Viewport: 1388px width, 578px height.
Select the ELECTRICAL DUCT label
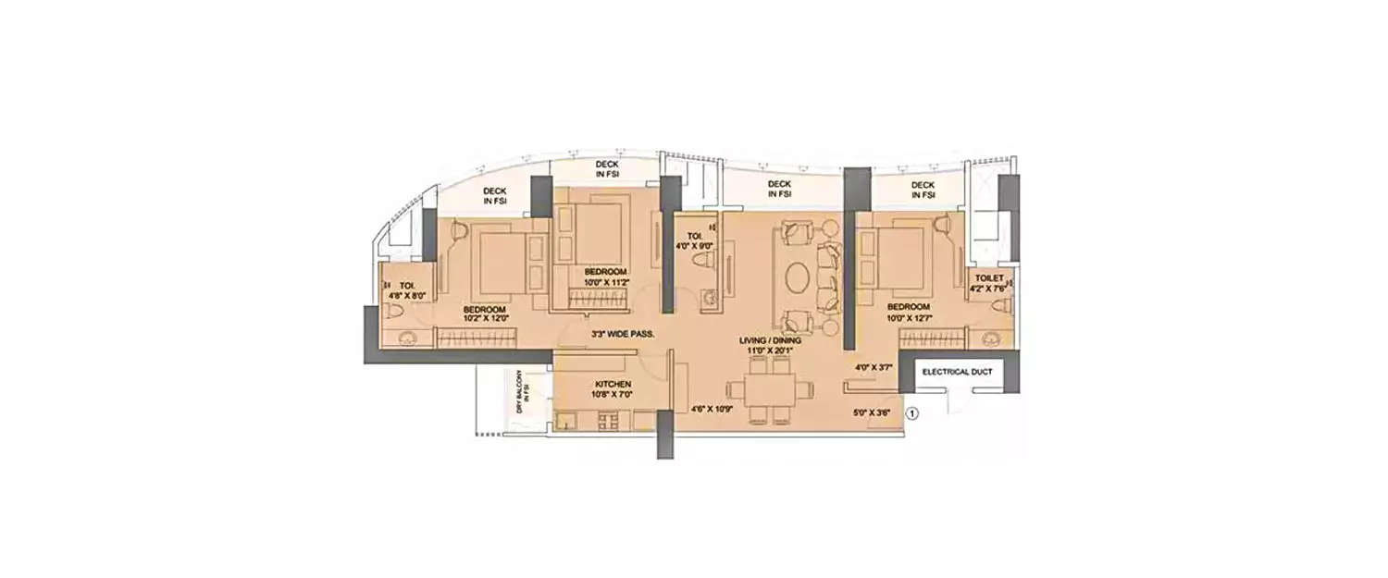pos(957,372)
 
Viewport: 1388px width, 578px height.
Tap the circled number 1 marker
pos(912,413)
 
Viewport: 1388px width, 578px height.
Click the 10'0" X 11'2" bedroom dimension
pos(606,283)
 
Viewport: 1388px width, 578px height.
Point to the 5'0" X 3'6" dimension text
pos(871,413)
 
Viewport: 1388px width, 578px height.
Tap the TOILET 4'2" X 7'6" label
pos(987,283)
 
